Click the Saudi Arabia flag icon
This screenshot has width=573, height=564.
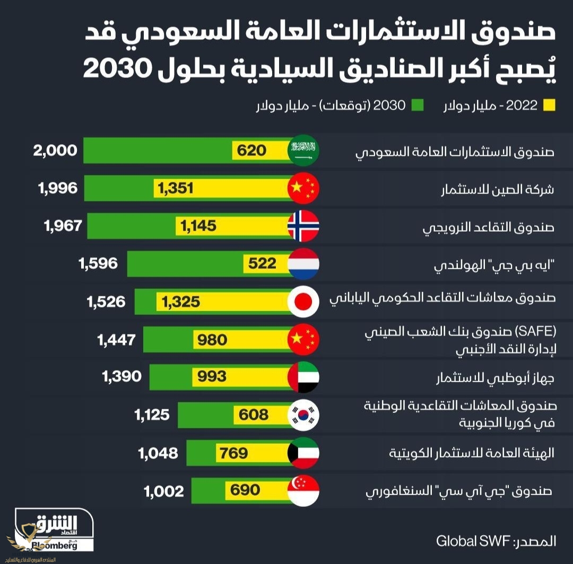point(303,151)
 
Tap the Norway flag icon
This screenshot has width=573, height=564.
point(303,226)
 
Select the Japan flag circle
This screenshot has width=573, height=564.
point(303,302)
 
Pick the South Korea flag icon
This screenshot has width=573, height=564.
point(303,415)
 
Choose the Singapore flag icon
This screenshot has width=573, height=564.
point(303,490)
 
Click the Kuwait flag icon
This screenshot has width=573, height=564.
point(303,453)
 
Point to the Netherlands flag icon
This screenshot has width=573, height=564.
point(303,263)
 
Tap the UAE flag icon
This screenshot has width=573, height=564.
point(303,377)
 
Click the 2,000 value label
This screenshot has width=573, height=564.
point(55,151)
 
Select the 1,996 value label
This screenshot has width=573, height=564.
point(58,188)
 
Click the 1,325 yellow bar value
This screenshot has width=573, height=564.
point(181,302)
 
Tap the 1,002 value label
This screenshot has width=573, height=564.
point(164,491)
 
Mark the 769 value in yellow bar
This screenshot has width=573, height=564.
point(232,453)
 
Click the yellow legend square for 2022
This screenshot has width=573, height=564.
point(549,105)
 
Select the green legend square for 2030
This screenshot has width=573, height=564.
point(418,105)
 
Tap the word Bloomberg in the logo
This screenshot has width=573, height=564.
point(54,545)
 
